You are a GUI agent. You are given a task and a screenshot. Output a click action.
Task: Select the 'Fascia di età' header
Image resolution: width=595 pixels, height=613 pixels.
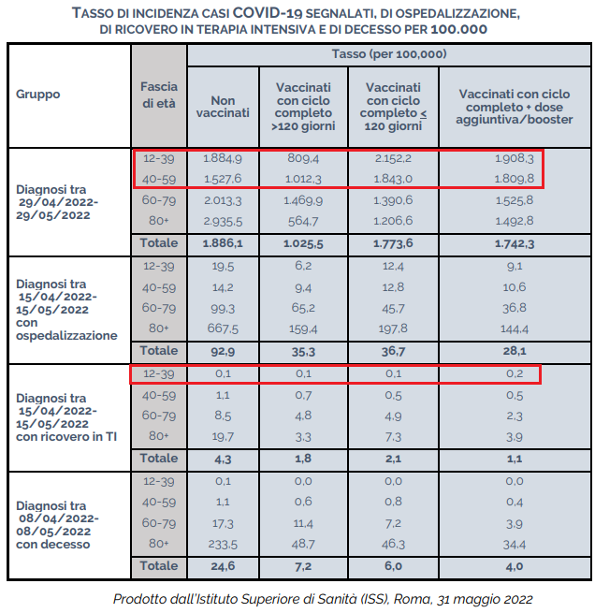click(x=159, y=95)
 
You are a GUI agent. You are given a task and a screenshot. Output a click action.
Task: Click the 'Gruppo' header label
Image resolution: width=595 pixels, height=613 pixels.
click(x=38, y=94)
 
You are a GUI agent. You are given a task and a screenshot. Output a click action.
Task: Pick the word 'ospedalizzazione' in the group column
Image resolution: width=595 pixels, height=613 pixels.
click(x=66, y=335)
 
